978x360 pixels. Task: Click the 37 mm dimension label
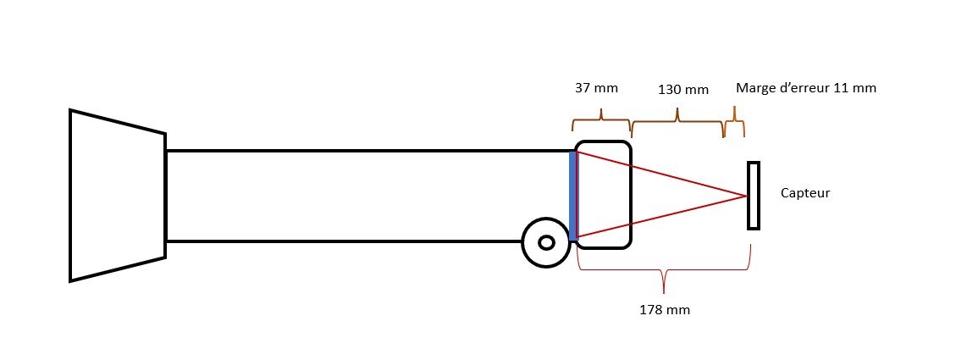pyautogui.click(x=596, y=88)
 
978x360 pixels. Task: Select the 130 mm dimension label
pyautogui.click(x=683, y=90)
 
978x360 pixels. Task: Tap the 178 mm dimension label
pyautogui.click(x=665, y=310)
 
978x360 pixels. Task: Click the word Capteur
pyautogui.click(x=805, y=193)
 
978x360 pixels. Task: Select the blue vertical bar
pyautogui.click(x=573, y=196)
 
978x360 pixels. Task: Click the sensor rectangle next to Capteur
pyautogui.click(x=754, y=196)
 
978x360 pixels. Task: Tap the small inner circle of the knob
pyautogui.click(x=546, y=243)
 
